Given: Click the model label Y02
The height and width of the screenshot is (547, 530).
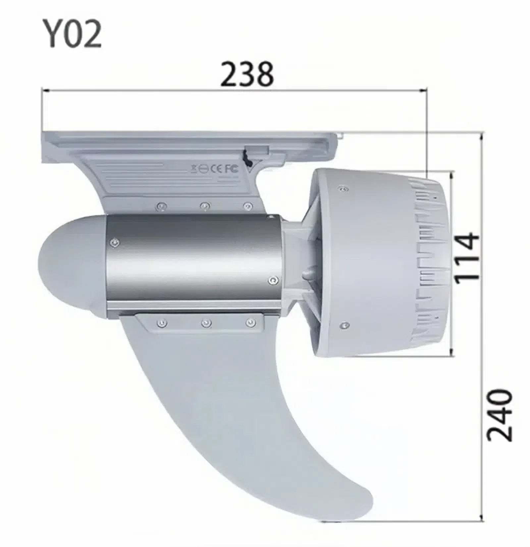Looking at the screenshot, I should (73, 33).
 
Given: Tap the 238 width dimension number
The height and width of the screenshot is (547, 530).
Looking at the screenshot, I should (247, 75).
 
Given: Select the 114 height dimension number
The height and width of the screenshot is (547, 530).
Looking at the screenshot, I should (467, 258).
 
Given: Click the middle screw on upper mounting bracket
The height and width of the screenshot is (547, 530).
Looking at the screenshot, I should (206, 206).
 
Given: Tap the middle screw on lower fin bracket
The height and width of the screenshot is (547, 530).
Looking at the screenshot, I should (206, 322).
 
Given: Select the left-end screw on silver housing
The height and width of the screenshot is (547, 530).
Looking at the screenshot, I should (115, 243).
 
